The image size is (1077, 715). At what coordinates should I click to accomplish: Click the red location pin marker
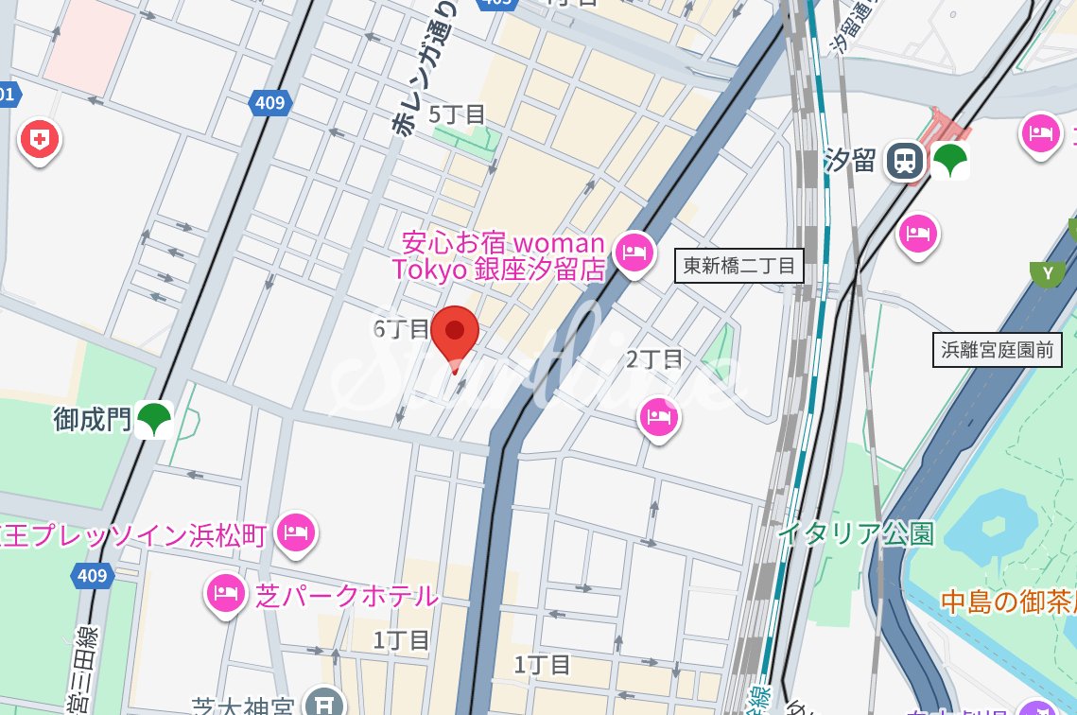pos(455,334)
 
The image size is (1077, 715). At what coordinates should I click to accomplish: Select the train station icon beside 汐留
pos(905,162)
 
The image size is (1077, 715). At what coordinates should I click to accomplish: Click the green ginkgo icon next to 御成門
pos(154,419)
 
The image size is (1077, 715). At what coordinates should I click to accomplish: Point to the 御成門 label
pos(93,419)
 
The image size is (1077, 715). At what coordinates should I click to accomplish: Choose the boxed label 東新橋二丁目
pos(739,266)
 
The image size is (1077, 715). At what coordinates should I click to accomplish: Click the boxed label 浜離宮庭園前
pos(998,351)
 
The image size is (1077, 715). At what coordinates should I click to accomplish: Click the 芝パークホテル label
pos(347,595)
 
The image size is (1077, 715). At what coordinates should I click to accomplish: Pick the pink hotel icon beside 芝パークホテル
pos(225,594)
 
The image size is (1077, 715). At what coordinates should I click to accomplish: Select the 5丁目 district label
pos(458,114)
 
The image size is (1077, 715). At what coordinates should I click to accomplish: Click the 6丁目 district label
pos(402,328)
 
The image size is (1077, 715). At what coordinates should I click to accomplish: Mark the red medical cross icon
pos(39,141)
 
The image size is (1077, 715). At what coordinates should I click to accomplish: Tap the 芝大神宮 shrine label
pos(247,706)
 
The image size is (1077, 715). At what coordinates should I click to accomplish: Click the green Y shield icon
pos(1047,274)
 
